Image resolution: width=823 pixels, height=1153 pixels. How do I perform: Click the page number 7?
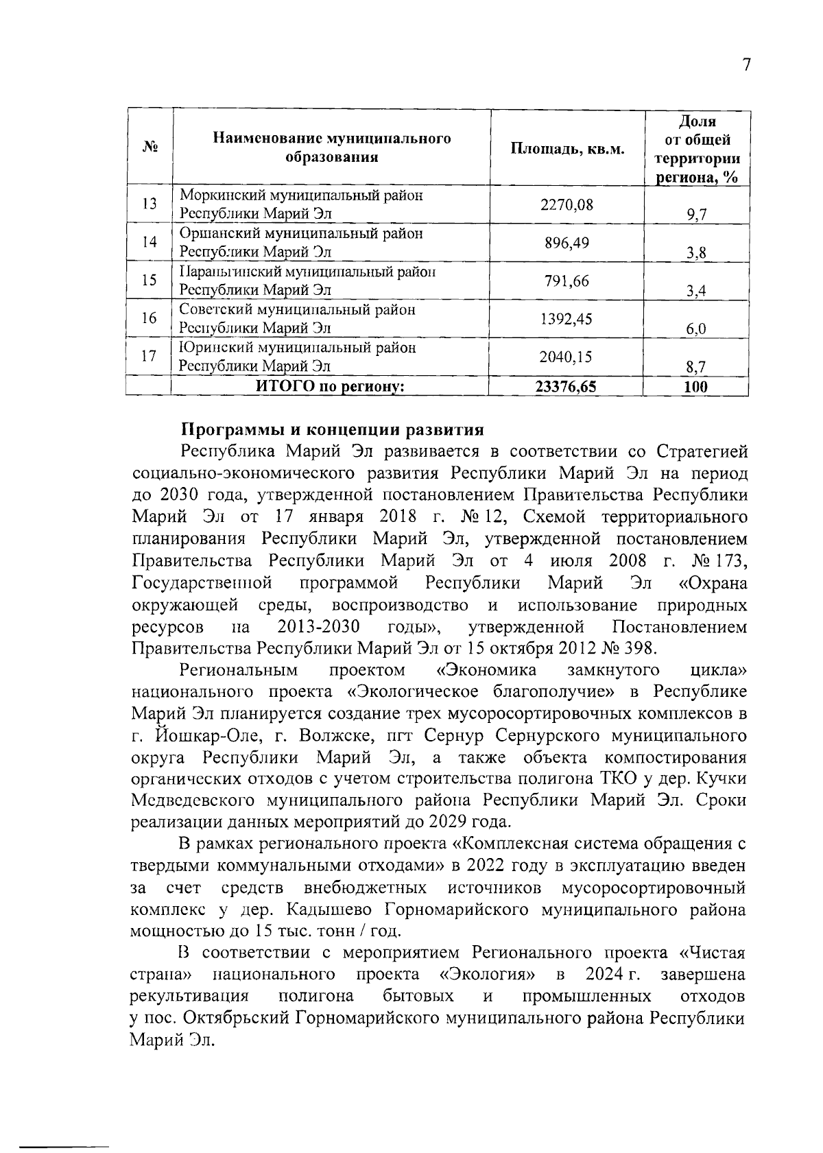(746, 65)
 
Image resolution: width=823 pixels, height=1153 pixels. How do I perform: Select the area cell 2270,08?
(566, 204)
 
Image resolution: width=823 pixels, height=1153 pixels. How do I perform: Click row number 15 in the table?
(149, 281)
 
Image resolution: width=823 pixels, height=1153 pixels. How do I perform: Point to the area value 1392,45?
(566, 319)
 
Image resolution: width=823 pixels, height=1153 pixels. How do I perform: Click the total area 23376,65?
(566, 387)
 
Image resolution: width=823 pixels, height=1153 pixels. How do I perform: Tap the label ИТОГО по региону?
(329, 387)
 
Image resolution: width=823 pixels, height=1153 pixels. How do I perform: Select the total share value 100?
(695, 387)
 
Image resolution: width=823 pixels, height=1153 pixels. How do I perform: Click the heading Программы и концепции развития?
(332, 430)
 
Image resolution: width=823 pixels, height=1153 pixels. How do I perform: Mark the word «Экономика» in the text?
(486, 670)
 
